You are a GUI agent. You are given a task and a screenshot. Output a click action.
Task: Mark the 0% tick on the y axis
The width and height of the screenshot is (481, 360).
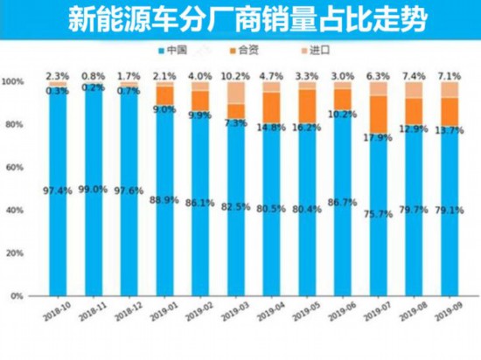(x=18, y=297)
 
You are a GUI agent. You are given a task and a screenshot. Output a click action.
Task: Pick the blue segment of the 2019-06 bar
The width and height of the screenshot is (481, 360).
(x=342, y=201)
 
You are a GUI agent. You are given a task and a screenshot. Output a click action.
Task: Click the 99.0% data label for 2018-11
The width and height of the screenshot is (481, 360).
(x=94, y=189)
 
